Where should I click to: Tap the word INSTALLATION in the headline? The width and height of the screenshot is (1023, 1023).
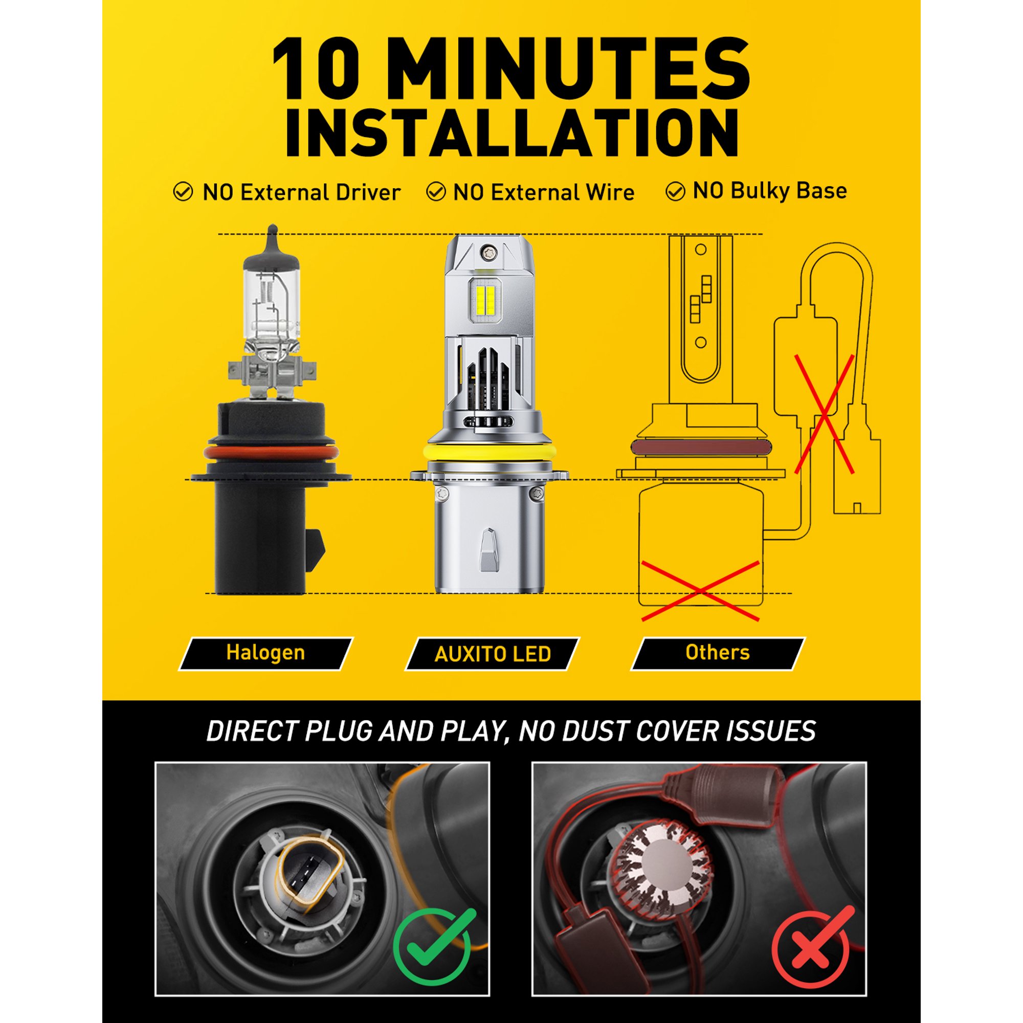click(x=512, y=133)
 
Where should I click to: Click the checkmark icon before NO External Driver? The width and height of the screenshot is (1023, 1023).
click(x=183, y=192)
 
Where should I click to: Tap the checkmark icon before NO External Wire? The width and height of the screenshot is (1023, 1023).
click(x=436, y=192)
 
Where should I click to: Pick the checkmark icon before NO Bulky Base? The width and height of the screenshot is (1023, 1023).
click(x=675, y=192)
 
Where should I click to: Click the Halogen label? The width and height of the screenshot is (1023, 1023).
click(x=265, y=653)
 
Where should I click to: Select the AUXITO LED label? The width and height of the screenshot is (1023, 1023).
click(x=493, y=654)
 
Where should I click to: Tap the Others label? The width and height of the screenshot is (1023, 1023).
click(x=718, y=653)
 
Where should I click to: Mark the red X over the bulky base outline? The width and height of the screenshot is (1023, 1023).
click(x=700, y=590)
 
